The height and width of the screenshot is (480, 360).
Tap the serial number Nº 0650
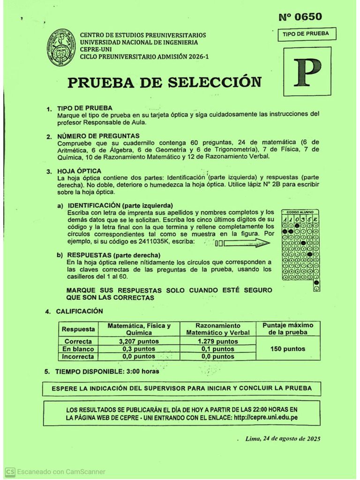pos(300,17)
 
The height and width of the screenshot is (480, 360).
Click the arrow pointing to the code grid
pos(247,243)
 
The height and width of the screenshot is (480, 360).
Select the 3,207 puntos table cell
pos(139,342)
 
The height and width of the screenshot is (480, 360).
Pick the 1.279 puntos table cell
pos(217,342)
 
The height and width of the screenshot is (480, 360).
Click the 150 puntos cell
pos(288,349)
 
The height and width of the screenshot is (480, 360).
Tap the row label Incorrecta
pos(78,357)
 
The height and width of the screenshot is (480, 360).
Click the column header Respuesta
pos(78,330)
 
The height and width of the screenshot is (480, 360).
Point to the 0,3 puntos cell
pos(139,349)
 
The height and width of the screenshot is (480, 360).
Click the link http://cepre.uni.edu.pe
pos(266,417)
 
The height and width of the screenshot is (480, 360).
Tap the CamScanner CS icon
pos(10,472)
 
